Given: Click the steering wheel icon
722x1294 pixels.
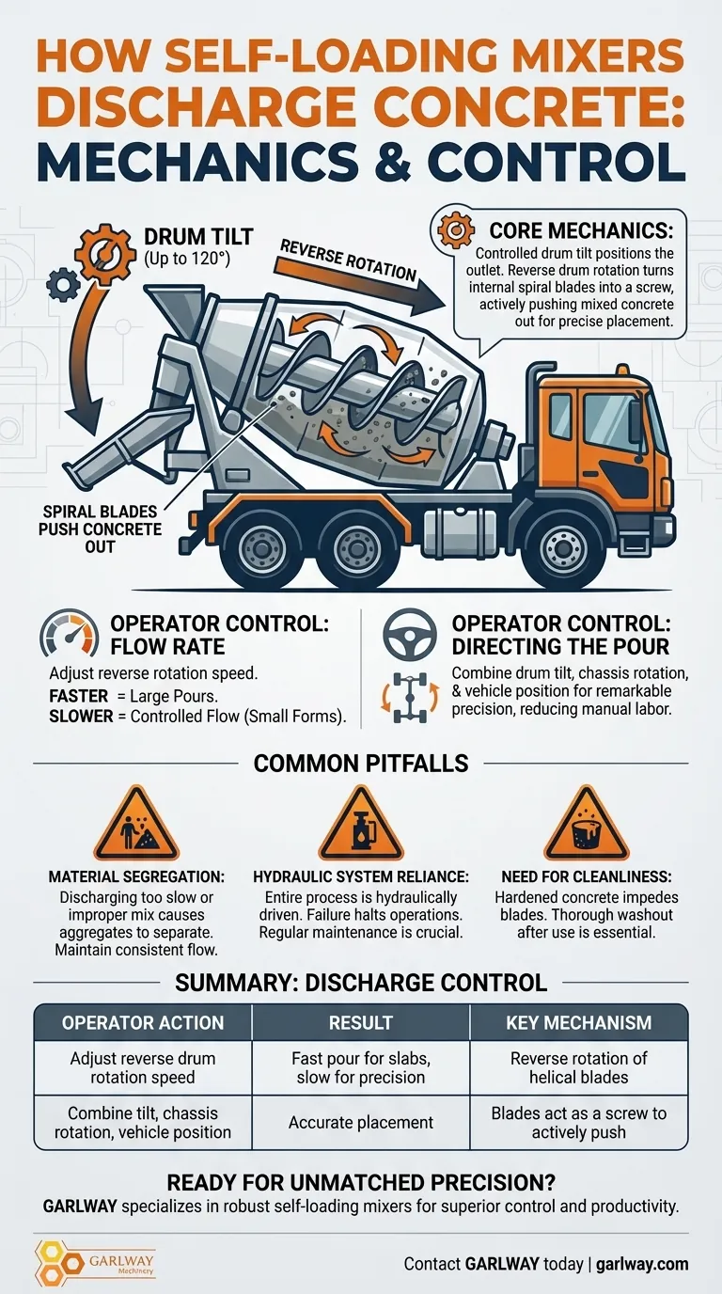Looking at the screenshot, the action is (410, 635).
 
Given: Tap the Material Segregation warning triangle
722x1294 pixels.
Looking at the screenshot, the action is (136, 825).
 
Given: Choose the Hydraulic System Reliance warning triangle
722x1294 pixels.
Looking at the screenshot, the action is (361, 825).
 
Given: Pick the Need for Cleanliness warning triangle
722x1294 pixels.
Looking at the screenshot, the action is (587, 825).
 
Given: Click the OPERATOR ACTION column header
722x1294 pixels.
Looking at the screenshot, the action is (143, 1023).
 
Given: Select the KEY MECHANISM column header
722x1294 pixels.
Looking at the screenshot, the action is (579, 1023).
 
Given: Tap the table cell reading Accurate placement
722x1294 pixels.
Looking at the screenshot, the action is (361, 1123).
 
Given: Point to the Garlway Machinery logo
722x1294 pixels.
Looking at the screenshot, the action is (95, 1263).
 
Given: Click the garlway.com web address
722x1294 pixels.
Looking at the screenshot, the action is (642, 1264).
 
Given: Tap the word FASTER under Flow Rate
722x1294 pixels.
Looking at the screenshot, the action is (79, 696).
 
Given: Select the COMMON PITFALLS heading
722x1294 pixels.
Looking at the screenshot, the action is (361, 764).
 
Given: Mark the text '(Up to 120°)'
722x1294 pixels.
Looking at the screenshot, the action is (186, 259).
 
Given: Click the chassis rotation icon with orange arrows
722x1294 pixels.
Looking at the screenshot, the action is (410, 697).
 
